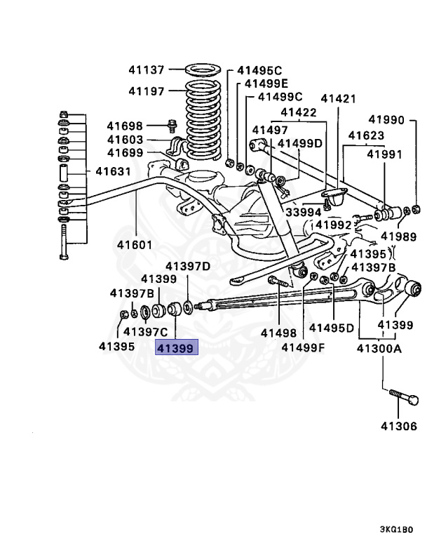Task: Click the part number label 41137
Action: (146, 70)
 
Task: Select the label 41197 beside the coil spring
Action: (146, 91)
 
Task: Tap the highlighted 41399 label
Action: (177, 347)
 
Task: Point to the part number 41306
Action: (399, 426)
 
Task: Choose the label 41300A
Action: (379, 347)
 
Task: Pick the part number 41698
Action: (125, 126)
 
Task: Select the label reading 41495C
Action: (259, 70)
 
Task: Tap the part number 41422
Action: (299, 112)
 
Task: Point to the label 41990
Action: (386, 120)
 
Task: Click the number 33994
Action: (303, 212)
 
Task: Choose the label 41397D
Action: (187, 266)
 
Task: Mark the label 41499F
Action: (303, 347)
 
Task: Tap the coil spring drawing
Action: (204, 119)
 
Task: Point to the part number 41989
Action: (398, 237)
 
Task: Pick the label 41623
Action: (366, 135)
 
